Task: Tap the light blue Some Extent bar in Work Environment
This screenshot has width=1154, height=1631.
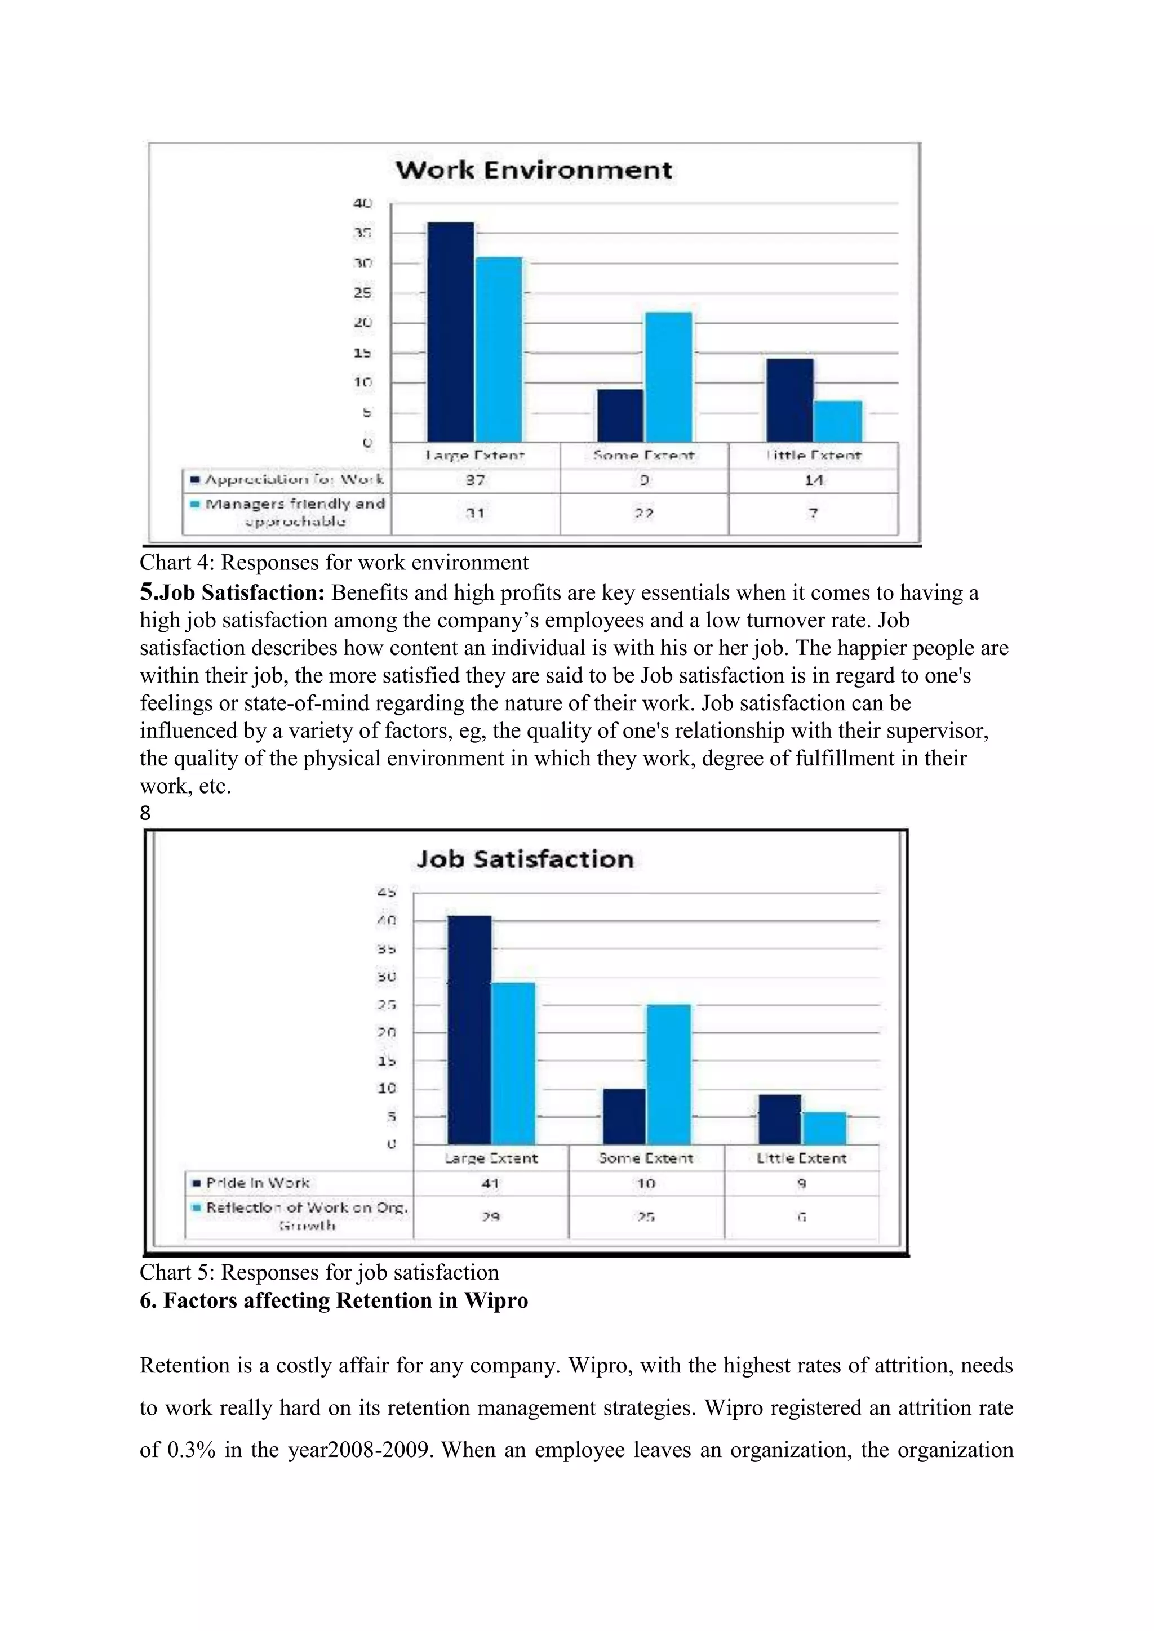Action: tap(668, 377)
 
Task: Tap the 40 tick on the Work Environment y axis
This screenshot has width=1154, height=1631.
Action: tap(362, 203)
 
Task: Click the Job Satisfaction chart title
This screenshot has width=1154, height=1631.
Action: tap(525, 859)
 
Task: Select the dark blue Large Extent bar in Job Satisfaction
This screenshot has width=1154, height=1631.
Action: tap(469, 1030)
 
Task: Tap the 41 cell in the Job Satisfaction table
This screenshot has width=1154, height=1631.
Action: tap(490, 1183)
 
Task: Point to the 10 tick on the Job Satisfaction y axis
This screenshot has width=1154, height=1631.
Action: tap(387, 1088)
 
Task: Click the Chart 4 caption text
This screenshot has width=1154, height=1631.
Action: tap(334, 562)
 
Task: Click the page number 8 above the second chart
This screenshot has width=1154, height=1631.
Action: tap(145, 813)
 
